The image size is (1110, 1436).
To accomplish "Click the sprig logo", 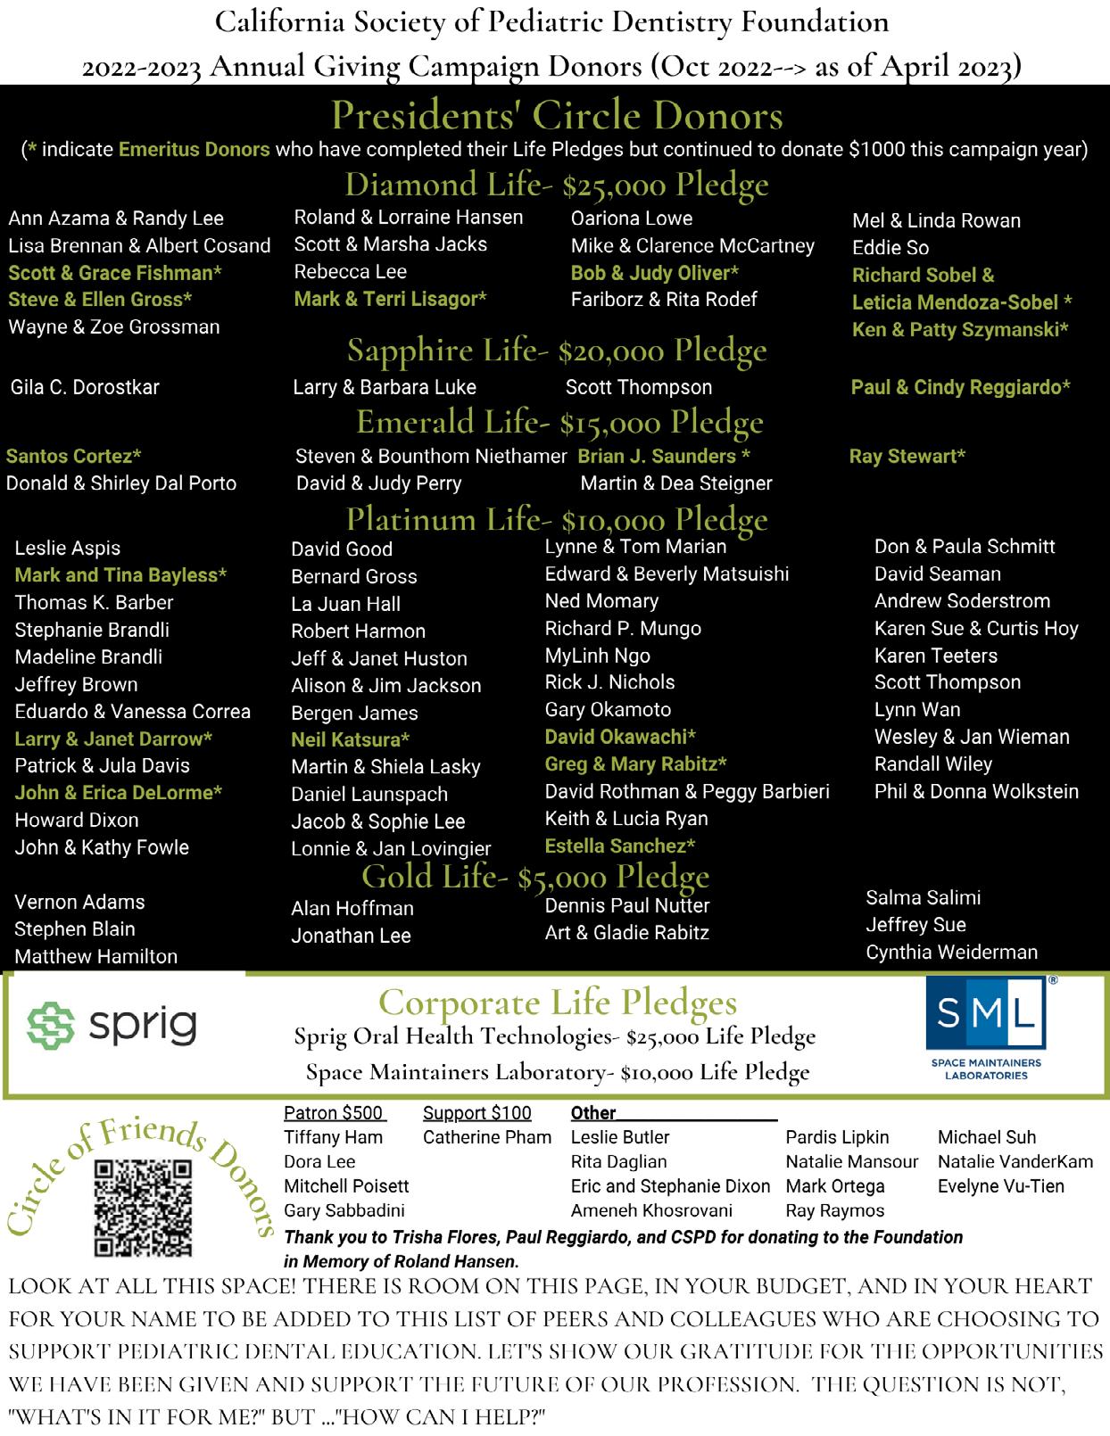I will [112, 1025].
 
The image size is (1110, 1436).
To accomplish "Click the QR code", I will [143, 1208].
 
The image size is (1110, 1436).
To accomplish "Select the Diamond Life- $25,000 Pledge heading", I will [557, 185].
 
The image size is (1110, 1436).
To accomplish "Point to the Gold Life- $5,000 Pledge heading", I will [535, 877].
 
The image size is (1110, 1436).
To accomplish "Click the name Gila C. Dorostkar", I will [85, 387].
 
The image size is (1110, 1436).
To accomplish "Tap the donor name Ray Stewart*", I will [907, 457].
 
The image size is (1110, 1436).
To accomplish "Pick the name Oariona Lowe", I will [631, 219].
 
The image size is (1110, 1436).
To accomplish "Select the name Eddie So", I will [890, 248].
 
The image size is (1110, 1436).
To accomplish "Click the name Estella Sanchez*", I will [619, 846].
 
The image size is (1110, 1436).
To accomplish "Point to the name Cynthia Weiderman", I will [951, 953].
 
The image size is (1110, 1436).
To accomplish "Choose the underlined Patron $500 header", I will [333, 1113].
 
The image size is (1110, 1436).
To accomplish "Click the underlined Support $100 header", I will [476, 1113].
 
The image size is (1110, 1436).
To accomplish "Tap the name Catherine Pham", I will [486, 1137].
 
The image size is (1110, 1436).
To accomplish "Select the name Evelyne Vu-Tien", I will [1000, 1186].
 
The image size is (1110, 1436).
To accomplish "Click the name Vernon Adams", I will [79, 902].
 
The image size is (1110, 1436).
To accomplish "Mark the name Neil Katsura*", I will [350, 739].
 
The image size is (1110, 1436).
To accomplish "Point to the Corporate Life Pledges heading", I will [558, 1003].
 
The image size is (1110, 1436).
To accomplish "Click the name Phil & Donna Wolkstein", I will [976, 791].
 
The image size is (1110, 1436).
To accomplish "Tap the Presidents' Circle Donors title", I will [557, 115].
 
